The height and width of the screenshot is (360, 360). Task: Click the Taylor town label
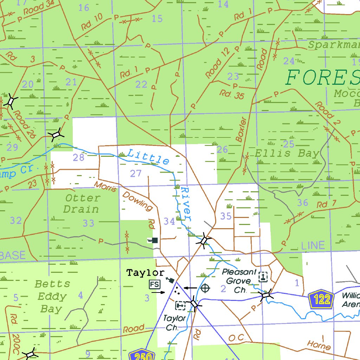(x=145, y=272)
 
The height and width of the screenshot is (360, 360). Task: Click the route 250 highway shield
(x=142, y=356)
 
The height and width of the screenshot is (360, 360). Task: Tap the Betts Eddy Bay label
(x=52, y=296)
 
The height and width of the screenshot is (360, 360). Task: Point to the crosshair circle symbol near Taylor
(x=205, y=288)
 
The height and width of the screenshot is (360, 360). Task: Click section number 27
(x=136, y=173)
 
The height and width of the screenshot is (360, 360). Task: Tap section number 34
(x=169, y=221)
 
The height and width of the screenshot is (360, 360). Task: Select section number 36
(x=302, y=202)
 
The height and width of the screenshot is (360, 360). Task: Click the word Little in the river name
(x=148, y=157)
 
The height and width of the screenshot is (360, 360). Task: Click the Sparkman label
(x=334, y=45)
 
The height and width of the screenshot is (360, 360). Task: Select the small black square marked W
(x=154, y=240)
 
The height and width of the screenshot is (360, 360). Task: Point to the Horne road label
(x=319, y=345)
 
